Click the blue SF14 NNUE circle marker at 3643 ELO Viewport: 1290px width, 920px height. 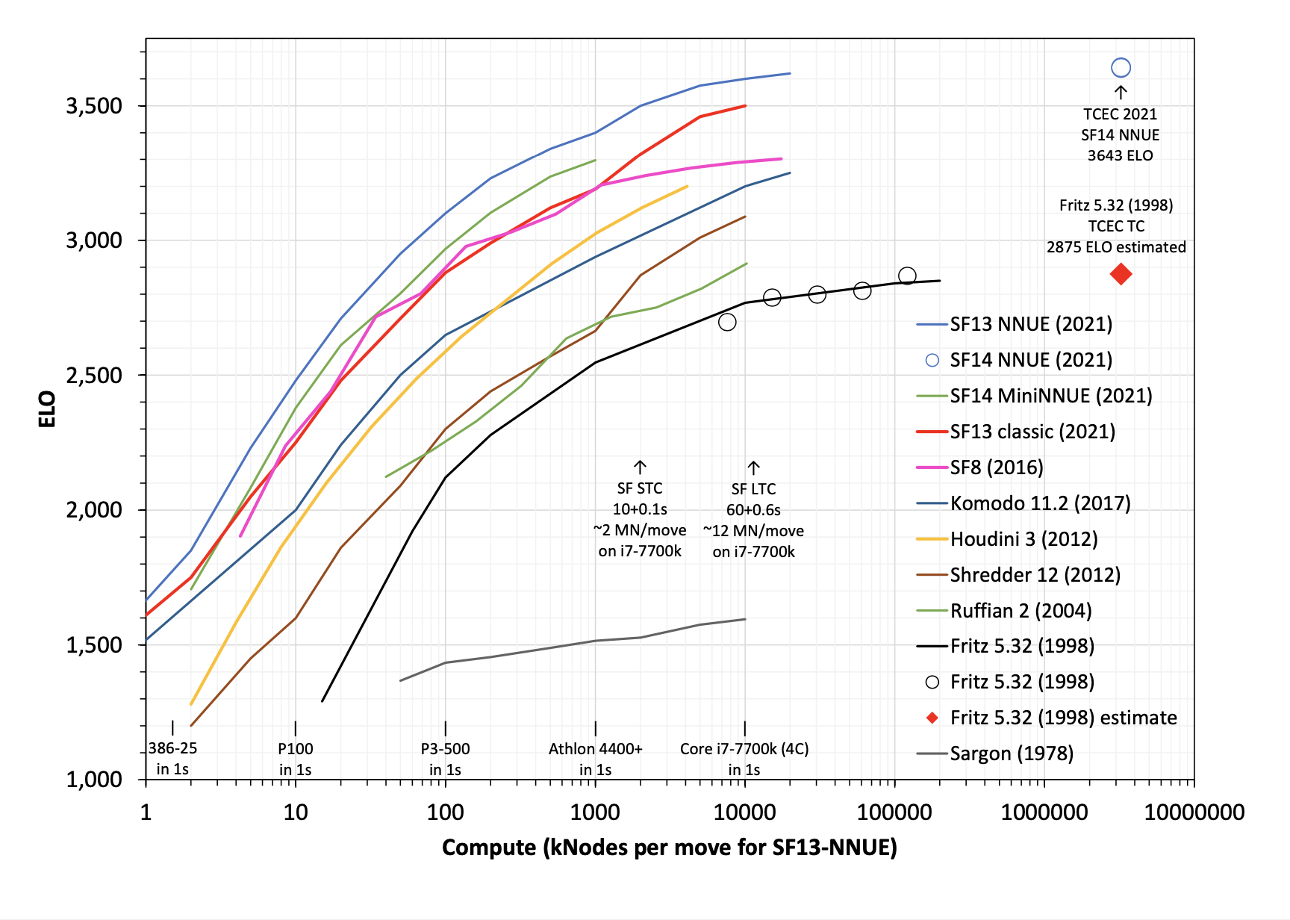(x=1120, y=68)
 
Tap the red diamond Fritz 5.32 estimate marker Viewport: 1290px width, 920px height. (x=1120, y=274)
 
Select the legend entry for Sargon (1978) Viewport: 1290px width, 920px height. (x=1011, y=753)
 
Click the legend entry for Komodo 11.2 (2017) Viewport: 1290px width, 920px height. (x=1039, y=503)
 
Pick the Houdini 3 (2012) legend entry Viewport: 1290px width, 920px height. (x=1023, y=539)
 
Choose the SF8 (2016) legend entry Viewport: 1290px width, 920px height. (x=996, y=467)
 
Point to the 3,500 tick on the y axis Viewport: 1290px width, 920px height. (x=94, y=106)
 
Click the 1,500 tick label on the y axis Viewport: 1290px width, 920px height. (x=94, y=645)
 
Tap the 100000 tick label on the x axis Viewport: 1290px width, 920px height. (x=894, y=812)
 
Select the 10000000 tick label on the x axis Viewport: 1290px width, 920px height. (x=1194, y=812)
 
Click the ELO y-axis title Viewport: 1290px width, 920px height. (x=47, y=408)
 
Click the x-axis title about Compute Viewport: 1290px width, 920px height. (x=669, y=848)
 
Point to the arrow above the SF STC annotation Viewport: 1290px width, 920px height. (x=640, y=467)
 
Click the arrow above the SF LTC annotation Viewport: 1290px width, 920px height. (x=753, y=468)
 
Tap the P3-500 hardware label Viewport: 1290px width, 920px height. (x=445, y=749)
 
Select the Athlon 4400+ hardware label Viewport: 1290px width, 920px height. (x=595, y=749)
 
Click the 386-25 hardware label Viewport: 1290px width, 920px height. (x=172, y=749)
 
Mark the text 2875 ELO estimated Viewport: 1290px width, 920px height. (x=1115, y=247)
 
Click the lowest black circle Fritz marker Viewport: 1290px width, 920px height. (x=727, y=322)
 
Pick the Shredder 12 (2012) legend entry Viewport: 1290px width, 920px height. (x=1035, y=575)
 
